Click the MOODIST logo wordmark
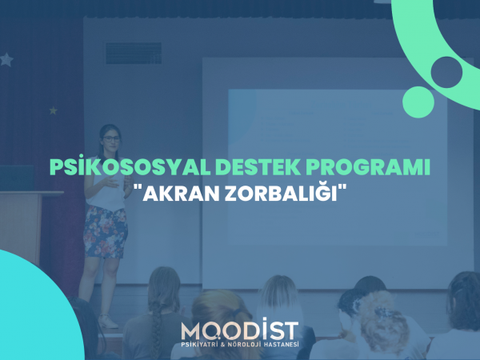[x=240, y=329]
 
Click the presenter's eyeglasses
[x=111, y=138]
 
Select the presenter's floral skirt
[x=106, y=232]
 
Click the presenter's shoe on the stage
[x=107, y=322]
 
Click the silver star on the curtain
[x=6, y=60]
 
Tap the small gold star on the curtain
[x=54, y=110]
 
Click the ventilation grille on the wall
[x=134, y=54]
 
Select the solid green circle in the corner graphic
[x=418, y=102]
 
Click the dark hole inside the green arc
[x=446, y=72]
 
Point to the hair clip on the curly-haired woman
[x=383, y=312]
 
